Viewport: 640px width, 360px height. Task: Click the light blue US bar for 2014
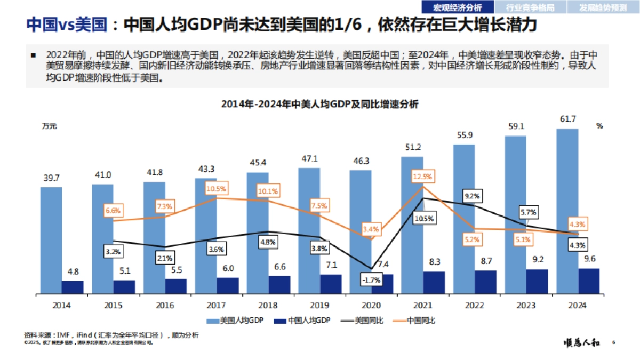(x=51, y=240)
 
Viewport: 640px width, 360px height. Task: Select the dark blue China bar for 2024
(x=588, y=281)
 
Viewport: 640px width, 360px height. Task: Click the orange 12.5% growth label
(x=422, y=177)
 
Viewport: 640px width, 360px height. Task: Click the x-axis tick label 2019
(x=320, y=306)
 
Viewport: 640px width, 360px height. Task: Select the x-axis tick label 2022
(x=475, y=306)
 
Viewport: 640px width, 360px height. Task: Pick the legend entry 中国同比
(x=421, y=321)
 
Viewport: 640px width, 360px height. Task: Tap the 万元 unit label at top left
(x=49, y=126)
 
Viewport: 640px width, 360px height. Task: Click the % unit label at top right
(x=599, y=126)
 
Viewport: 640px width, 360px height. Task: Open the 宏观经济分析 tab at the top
(x=457, y=7)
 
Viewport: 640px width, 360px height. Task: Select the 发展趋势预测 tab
(x=603, y=7)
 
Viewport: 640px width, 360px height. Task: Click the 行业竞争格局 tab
(x=530, y=7)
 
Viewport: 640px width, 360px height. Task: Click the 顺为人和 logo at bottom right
(x=582, y=343)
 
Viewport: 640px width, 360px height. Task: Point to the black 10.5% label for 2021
(x=423, y=218)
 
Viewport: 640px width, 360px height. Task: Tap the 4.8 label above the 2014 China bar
(x=73, y=271)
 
